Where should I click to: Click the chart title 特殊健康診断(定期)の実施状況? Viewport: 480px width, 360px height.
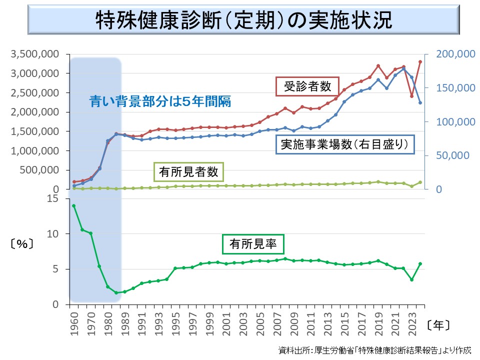click(x=243, y=21)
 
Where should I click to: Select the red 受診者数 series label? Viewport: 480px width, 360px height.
click(x=307, y=86)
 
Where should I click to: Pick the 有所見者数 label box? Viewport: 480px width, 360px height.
click(x=188, y=172)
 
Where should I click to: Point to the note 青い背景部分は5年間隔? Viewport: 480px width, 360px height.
click(x=160, y=101)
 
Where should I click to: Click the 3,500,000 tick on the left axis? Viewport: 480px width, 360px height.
click(x=38, y=54)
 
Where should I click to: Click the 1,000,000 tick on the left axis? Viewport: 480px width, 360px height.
click(x=38, y=150)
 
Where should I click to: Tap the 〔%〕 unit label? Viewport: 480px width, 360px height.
click(x=21, y=244)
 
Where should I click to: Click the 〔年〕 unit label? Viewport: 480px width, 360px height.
click(x=439, y=325)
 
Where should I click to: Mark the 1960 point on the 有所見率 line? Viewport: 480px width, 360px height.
click(x=74, y=205)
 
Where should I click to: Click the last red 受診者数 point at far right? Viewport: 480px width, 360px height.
click(x=420, y=61)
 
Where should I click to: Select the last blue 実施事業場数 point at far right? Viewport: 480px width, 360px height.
click(x=420, y=103)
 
